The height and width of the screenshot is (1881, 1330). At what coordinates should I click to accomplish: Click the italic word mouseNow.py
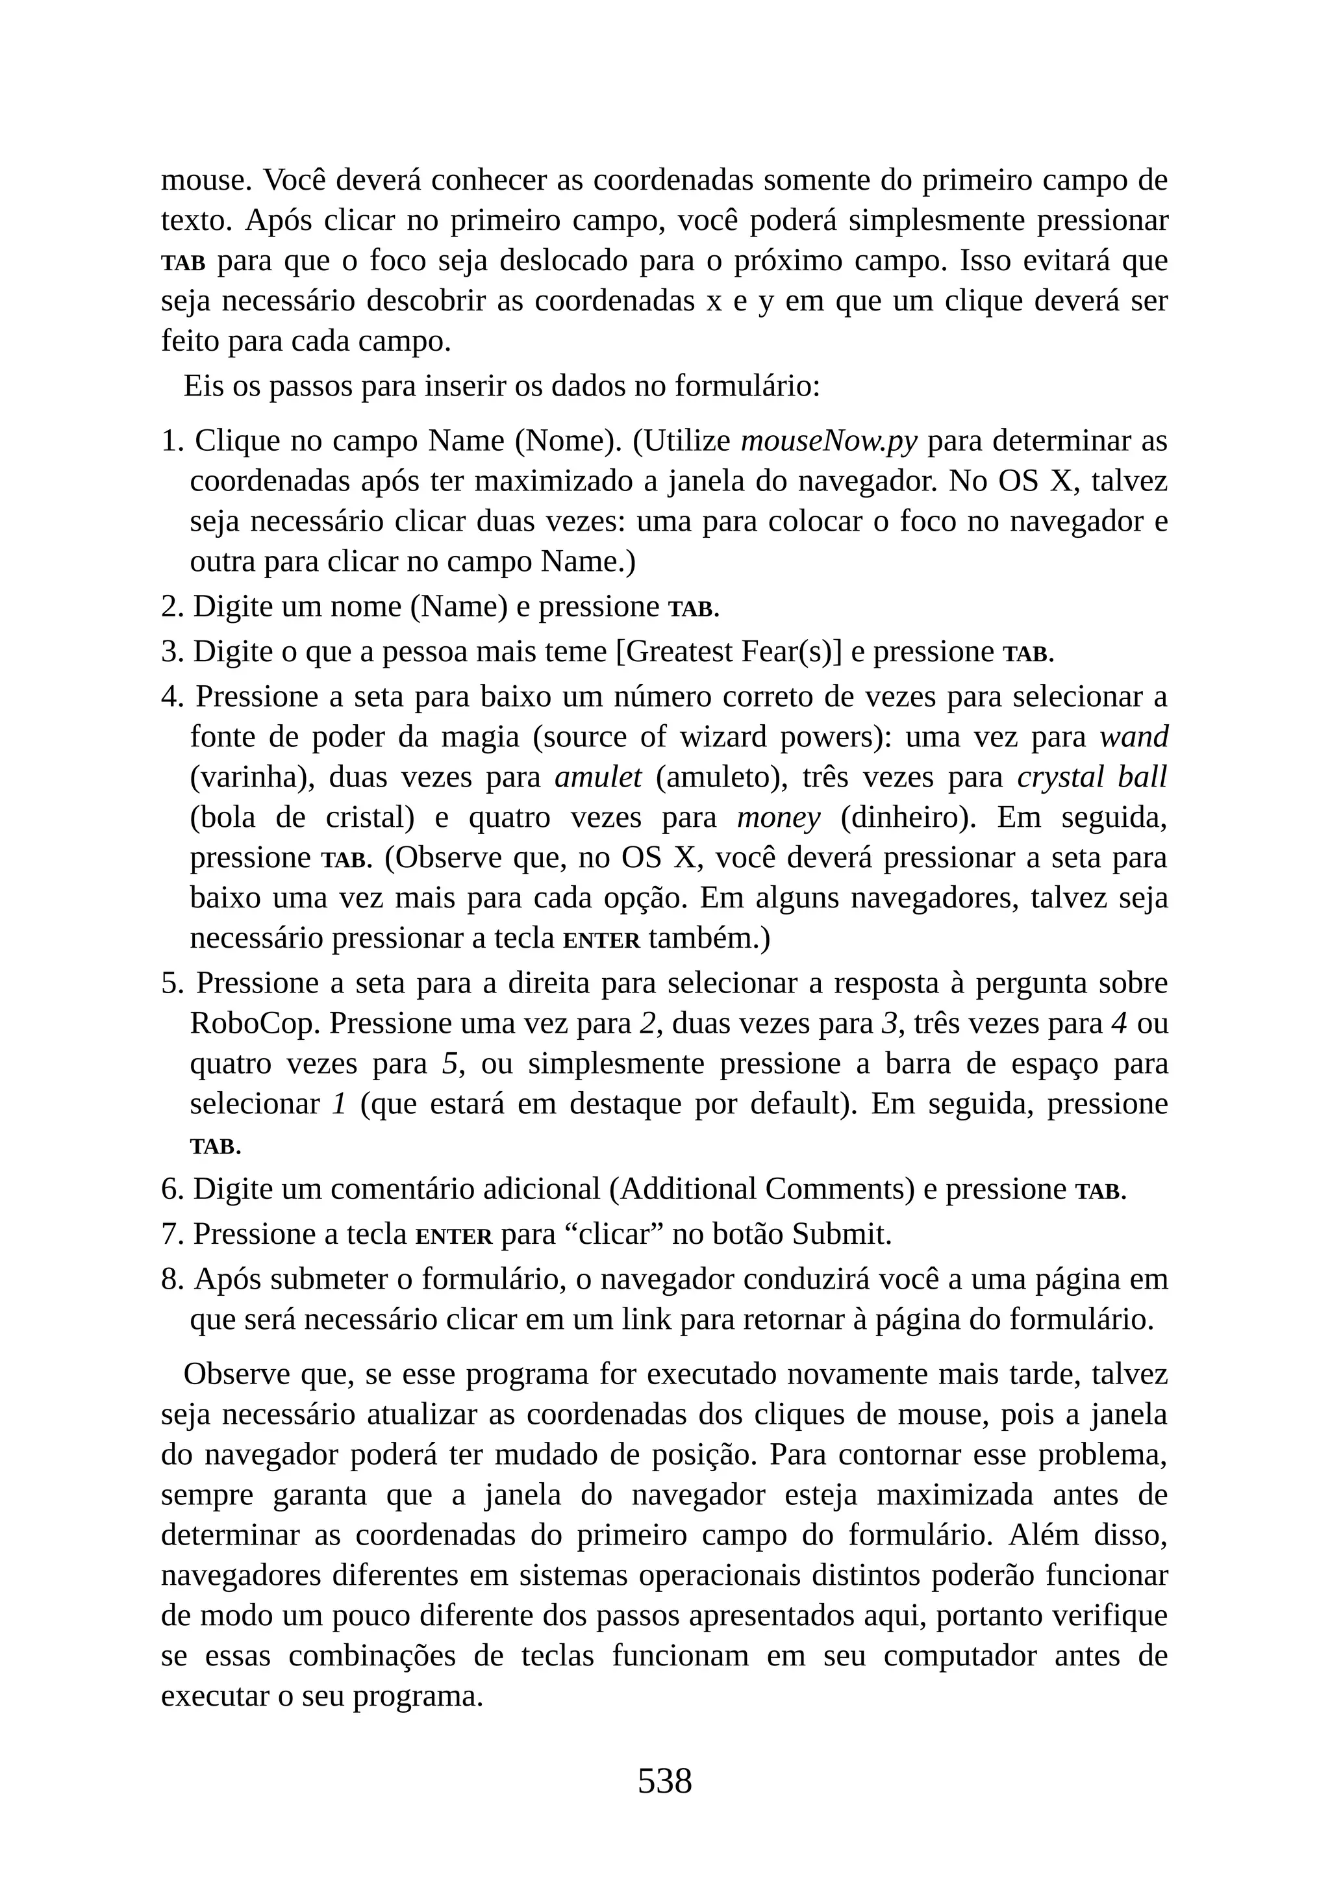tap(828, 441)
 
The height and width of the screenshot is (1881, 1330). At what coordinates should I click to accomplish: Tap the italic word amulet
tap(598, 777)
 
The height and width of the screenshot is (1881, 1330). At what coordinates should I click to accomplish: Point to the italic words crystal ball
tap(1091, 777)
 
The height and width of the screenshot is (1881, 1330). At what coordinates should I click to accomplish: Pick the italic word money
tap(778, 817)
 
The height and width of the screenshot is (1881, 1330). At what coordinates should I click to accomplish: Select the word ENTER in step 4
tap(601, 940)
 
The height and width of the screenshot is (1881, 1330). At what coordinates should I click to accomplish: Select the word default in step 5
tap(794, 1104)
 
